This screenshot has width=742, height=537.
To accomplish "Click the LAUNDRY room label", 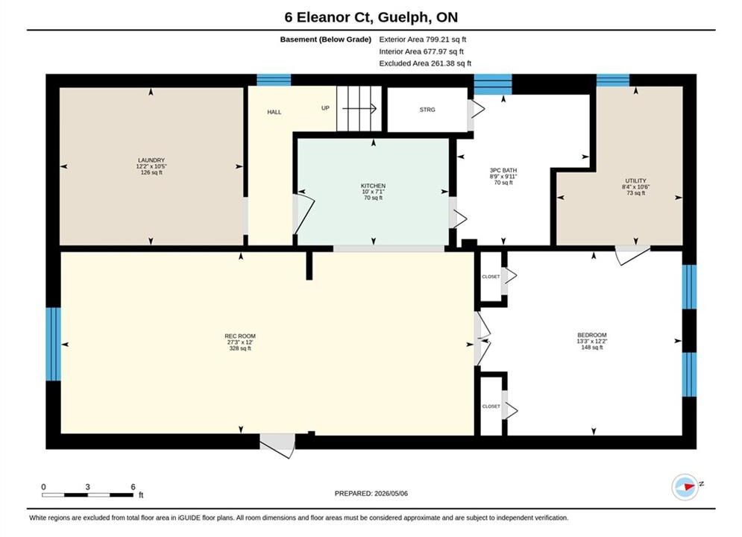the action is point(151,160).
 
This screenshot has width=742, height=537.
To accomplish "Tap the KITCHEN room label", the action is point(374,186).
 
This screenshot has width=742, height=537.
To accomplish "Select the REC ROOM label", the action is point(240,336).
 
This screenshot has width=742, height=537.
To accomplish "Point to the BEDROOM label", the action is point(592,335).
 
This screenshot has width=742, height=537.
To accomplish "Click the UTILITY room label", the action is point(635,180).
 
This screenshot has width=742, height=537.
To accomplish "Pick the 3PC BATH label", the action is point(503,170).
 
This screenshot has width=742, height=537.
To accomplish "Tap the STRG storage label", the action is point(427,110).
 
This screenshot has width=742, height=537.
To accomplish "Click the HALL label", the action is point(274,112).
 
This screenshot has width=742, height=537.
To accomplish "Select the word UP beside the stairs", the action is point(326,108).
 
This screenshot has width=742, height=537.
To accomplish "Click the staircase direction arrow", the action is point(359,109).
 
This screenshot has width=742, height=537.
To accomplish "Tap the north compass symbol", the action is point(685,486).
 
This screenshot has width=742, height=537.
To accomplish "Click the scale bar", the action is point(87,495).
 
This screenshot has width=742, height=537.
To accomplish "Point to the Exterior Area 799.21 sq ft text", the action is point(423,40).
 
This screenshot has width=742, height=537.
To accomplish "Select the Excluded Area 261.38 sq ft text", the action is point(425,63).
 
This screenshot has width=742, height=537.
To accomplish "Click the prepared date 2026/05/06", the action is point(391,494).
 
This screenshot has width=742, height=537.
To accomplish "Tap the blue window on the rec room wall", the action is point(54,344).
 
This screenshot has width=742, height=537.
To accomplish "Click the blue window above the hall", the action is point(274,80).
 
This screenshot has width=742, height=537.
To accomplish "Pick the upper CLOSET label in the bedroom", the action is point(491,277).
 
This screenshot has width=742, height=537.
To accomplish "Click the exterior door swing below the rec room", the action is point(277,446).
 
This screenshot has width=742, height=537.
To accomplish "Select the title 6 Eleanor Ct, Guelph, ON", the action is point(371,17).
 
